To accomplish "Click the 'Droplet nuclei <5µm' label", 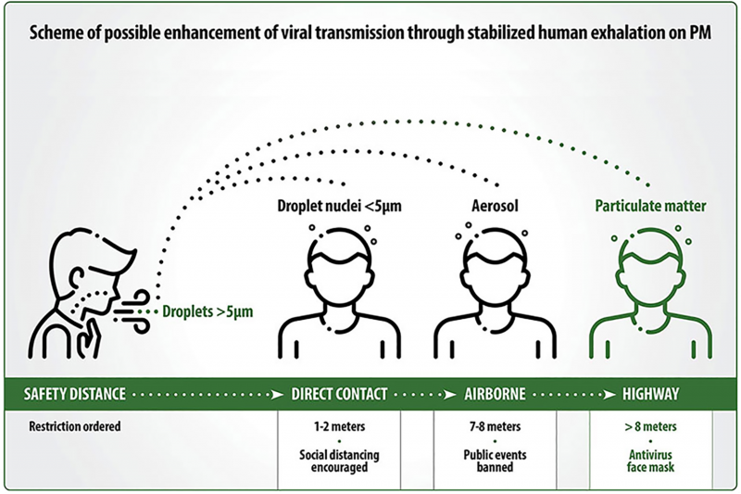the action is pos(339,206).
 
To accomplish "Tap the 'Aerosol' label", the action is pos(495,206).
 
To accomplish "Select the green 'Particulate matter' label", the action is pos(650,206).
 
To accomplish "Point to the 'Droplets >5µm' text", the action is pos(207,311).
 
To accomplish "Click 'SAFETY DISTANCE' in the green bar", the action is pos(75,394).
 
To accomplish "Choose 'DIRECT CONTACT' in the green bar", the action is pos(339,394).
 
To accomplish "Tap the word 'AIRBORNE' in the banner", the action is pos(495,394).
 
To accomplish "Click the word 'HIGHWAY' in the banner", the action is pos(650,394).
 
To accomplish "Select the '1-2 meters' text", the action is pos(339,426).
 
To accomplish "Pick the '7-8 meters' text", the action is pos(495,426).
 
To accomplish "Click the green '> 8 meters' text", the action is pos(650,426).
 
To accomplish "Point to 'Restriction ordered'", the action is pos(75,426).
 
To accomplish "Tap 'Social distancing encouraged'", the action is pos(339,461).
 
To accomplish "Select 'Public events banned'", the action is pos(495,461).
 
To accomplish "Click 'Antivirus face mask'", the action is pos(650,461).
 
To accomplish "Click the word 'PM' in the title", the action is pos(699,32).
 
